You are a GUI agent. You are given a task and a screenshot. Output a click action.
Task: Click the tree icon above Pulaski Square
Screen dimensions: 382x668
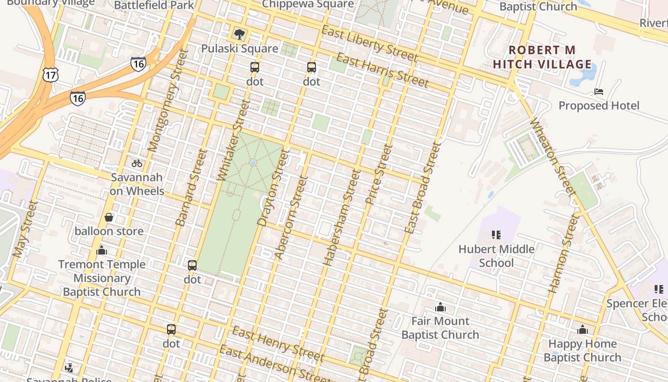pos(240,34)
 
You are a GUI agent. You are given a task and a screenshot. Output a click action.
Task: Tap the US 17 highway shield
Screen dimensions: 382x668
pos(50,74)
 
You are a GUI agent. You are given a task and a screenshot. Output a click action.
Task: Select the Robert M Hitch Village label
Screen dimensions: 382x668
pos(542,57)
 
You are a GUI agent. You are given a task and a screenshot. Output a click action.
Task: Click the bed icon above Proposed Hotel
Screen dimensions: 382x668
pos(599,92)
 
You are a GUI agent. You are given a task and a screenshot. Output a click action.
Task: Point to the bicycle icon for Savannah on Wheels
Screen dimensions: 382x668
pos(137,163)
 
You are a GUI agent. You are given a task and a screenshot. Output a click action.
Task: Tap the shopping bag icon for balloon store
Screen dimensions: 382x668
pos(109,217)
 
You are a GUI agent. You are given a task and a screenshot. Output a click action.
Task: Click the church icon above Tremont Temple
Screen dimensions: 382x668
pos(102,250)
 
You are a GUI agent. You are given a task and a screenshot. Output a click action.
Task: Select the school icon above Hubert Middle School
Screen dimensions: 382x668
pos(496,235)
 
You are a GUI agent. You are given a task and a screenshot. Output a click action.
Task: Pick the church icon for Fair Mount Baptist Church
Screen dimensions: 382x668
pos(440,307)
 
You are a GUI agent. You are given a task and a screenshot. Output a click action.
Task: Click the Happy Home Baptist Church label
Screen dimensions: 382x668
pos(582,350)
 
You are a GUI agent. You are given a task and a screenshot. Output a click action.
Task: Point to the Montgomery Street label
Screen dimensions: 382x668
pos(166,102)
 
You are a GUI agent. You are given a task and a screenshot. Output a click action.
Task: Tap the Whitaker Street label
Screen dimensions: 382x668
pos(234,140)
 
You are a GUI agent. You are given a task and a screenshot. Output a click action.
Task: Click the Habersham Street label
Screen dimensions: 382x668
pos(342,218)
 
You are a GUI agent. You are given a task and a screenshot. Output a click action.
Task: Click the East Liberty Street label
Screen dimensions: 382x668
pos(369,44)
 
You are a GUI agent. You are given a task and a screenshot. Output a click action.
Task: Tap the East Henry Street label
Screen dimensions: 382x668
pos(278,344)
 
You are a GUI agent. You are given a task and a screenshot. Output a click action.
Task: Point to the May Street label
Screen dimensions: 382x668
pos(26,229)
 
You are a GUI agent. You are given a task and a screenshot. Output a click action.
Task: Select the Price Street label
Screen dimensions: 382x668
pos(379,175)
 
